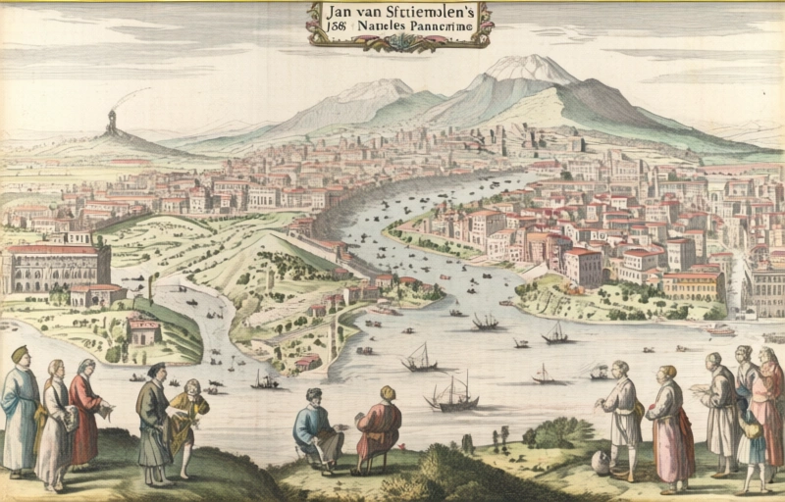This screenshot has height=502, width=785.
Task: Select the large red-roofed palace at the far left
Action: [x=54, y=266]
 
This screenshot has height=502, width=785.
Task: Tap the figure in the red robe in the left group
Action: [x=85, y=412]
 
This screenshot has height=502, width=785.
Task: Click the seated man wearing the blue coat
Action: [x=317, y=427]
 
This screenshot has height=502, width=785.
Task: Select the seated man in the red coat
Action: [x=379, y=427]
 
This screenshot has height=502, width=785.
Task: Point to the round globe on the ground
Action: [x=602, y=463]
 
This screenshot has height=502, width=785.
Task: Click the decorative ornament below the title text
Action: [x=400, y=43]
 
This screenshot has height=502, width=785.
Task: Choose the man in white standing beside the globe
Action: [x=620, y=417]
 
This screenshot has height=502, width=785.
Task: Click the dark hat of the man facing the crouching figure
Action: [x=157, y=369]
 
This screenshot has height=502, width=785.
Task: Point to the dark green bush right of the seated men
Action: [x=559, y=432]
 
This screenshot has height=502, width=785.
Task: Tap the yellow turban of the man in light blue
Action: [x=19, y=352]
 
